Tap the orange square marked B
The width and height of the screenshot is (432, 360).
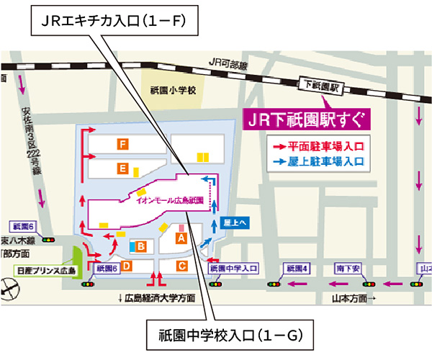pos(142,247)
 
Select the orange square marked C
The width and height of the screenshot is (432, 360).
pos(182,266)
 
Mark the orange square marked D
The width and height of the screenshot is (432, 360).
pos(126,266)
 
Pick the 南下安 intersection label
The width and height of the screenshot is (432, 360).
pos(348,268)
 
